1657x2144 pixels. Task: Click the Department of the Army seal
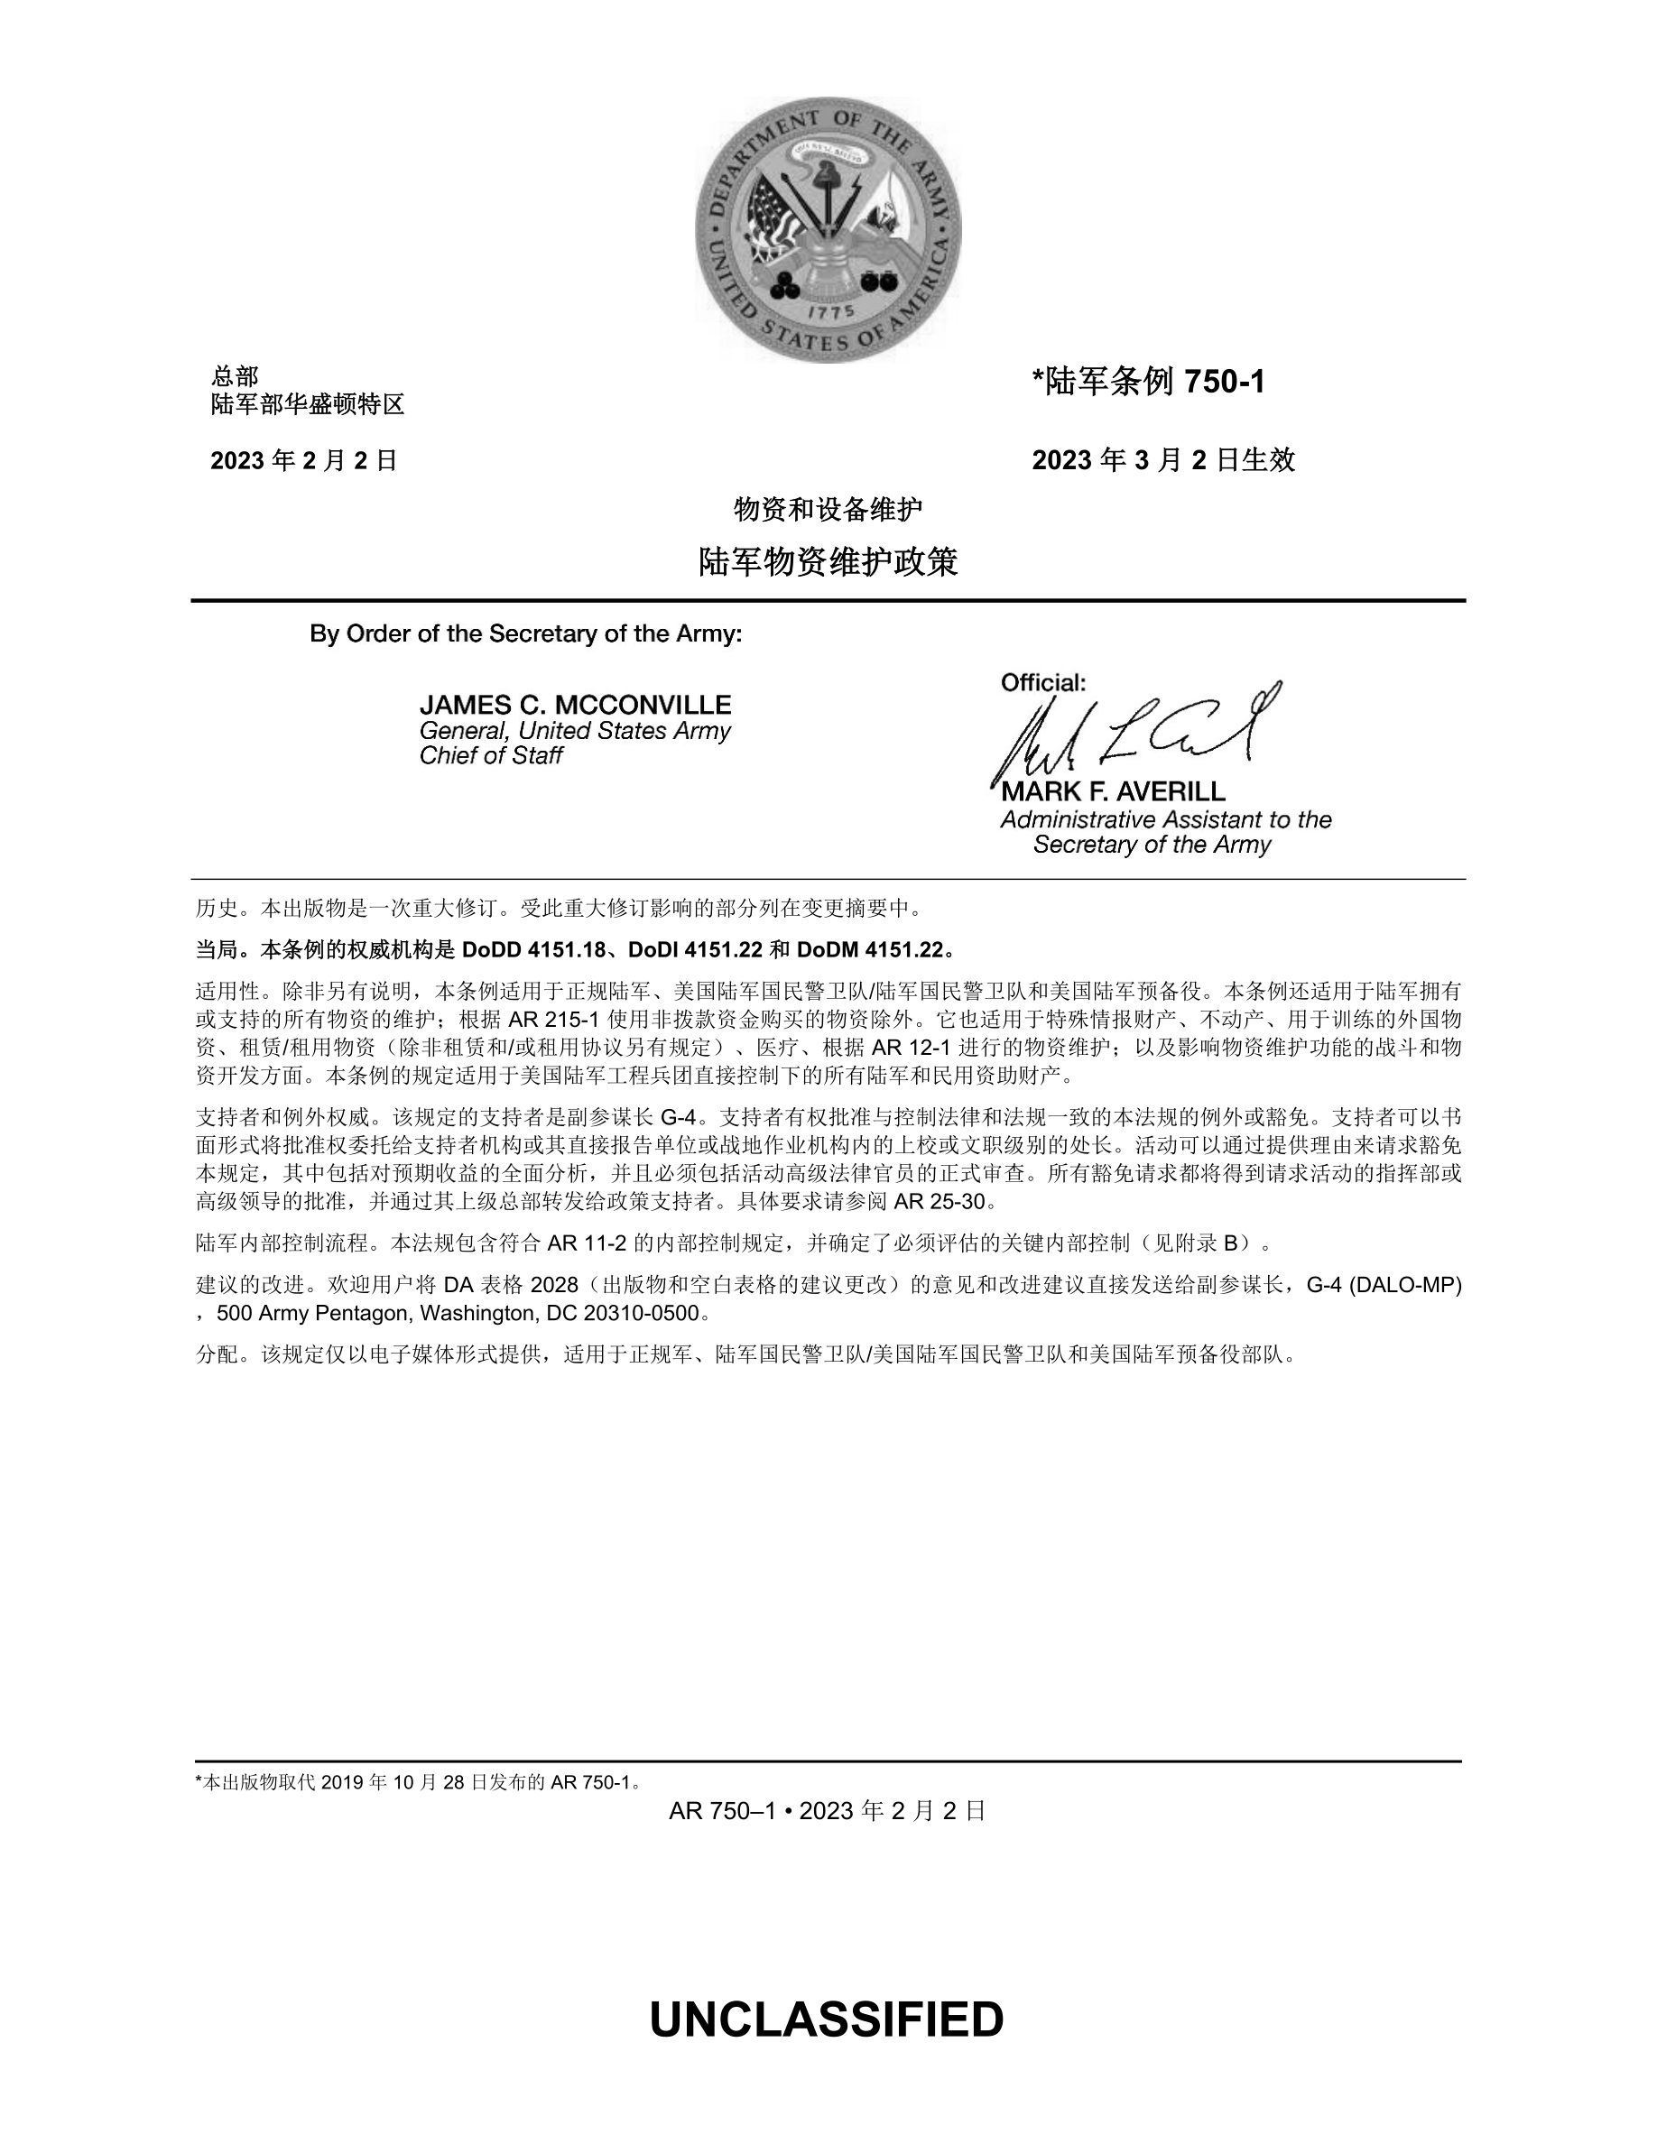(828, 230)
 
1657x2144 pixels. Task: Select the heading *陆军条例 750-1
(1149, 381)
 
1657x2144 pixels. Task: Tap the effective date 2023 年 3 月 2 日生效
(1163, 459)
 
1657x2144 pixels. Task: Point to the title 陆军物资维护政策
(828, 562)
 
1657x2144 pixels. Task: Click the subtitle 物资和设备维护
(828, 510)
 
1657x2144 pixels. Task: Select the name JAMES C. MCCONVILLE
(575, 705)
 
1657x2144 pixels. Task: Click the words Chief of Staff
(491, 755)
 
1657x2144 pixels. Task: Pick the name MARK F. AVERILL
(1113, 791)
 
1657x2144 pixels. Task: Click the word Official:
(1043, 682)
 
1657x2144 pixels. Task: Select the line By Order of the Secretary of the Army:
(526, 634)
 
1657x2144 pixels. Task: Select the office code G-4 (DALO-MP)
(1384, 1285)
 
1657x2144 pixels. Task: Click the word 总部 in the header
(235, 376)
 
